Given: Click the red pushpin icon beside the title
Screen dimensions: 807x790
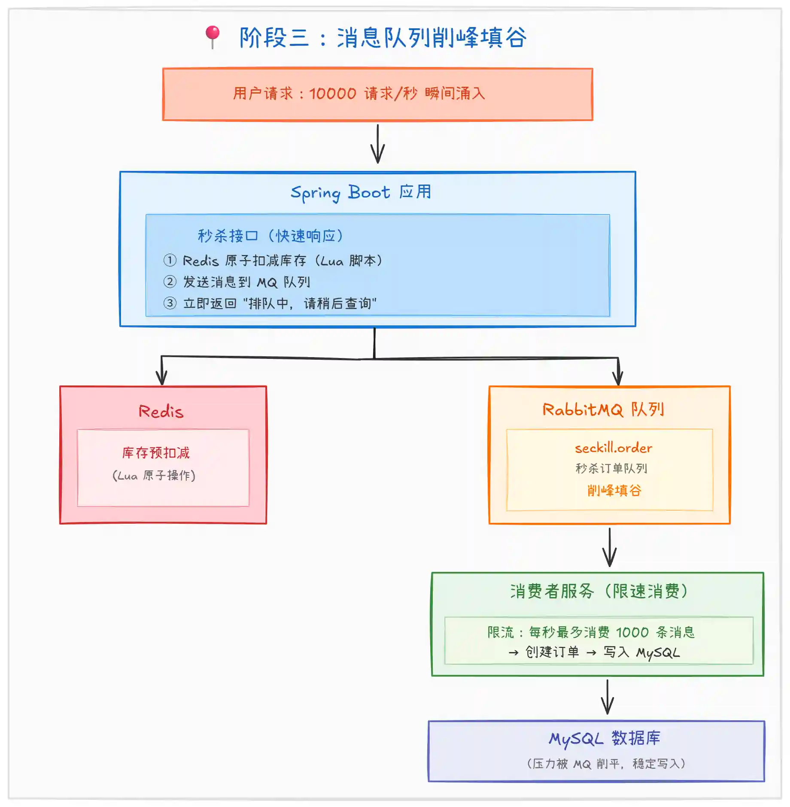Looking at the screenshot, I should (x=213, y=36).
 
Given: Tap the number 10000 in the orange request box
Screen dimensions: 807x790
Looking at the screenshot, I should (x=333, y=94).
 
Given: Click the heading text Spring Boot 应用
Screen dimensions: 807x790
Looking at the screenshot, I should (x=361, y=193).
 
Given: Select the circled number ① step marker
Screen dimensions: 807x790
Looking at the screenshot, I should (x=170, y=260).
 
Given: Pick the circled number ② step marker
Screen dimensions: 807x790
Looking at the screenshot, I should (x=170, y=282).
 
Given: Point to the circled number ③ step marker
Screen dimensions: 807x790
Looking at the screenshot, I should (x=170, y=303).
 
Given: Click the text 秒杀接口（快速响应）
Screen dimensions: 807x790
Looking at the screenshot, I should (x=270, y=236).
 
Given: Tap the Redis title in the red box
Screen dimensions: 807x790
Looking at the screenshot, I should (x=161, y=412).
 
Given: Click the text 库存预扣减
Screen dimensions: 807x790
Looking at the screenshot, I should (x=156, y=453).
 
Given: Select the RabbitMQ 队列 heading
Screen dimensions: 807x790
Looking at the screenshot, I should (x=603, y=410).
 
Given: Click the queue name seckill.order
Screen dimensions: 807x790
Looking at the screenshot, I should (x=614, y=448).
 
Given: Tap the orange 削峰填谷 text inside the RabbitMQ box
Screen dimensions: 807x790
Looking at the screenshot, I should (x=614, y=490).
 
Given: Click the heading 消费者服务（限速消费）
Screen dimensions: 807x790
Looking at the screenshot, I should (x=599, y=592).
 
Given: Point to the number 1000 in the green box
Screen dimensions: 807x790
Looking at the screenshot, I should (x=632, y=632).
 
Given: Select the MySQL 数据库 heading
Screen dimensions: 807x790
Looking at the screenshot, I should (x=605, y=738).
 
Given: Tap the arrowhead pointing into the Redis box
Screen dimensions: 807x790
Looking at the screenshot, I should (x=161, y=378).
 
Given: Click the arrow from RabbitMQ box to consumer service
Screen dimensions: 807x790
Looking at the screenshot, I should (x=610, y=548).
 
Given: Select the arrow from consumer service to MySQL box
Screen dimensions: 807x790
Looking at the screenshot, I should (x=608, y=697).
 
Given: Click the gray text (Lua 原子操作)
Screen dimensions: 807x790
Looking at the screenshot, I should (x=154, y=476).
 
